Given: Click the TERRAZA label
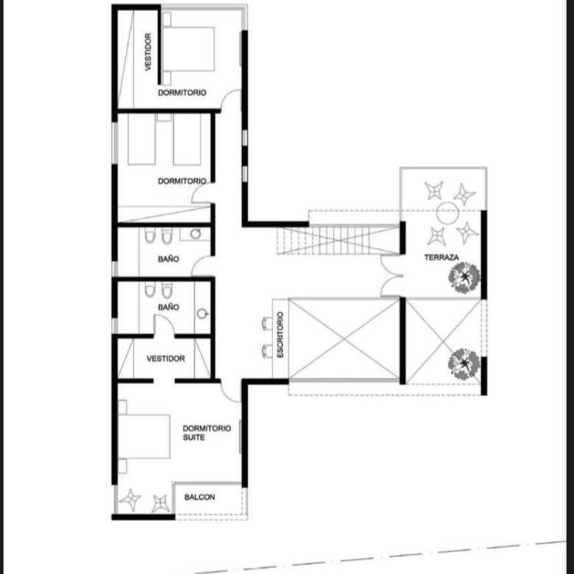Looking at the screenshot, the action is pyautogui.click(x=442, y=258).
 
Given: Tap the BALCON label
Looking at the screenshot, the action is pyautogui.click(x=199, y=497).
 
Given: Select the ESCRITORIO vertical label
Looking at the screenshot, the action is pyautogui.click(x=280, y=335).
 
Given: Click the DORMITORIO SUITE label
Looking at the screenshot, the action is pyautogui.click(x=207, y=433).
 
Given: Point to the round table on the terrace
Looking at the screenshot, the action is pyautogui.click(x=447, y=213).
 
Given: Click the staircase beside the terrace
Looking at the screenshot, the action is pyautogui.click(x=338, y=240).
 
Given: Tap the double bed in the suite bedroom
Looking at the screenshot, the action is pyautogui.click(x=143, y=436).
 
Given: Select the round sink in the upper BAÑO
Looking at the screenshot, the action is pyautogui.click(x=196, y=234).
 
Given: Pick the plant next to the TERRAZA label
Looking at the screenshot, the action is pyautogui.click(x=464, y=278).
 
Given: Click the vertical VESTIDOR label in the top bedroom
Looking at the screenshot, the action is pyautogui.click(x=148, y=52).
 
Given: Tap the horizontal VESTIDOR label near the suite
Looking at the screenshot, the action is pyautogui.click(x=166, y=358).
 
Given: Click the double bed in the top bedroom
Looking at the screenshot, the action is pyautogui.click(x=188, y=49).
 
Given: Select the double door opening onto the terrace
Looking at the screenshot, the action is pyautogui.click(x=390, y=276).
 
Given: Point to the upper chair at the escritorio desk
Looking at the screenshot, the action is pyautogui.click(x=267, y=324).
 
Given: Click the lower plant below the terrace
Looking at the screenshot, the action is pyautogui.click(x=464, y=364).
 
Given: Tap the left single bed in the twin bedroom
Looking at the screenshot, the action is pyautogui.click(x=142, y=139).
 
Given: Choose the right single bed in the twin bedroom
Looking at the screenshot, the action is pyautogui.click(x=187, y=139).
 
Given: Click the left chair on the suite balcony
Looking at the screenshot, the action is pyautogui.click(x=130, y=500).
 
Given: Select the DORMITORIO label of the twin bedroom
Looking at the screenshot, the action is pyautogui.click(x=182, y=181).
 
